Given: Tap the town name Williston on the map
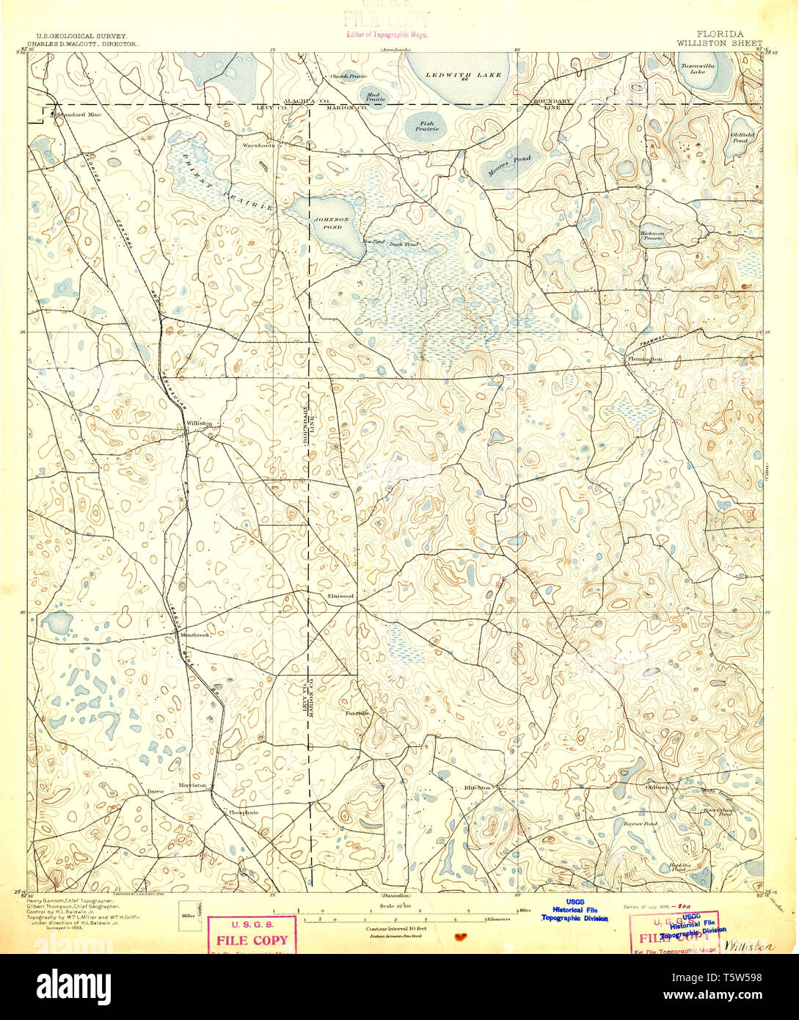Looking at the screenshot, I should click(x=199, y=423).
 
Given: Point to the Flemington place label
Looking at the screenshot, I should click(x=646, y=359).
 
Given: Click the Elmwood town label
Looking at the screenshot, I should click(x=340, y=596).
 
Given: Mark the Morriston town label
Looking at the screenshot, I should click(x=193, y=785).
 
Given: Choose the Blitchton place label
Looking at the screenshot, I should click(x=476, y=788).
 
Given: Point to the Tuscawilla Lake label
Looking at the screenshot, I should click(x=693, y=68).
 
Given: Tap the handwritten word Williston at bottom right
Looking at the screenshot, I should click(x=748, y=947).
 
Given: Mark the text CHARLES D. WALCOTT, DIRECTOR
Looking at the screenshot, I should click(x=81, y=43).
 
